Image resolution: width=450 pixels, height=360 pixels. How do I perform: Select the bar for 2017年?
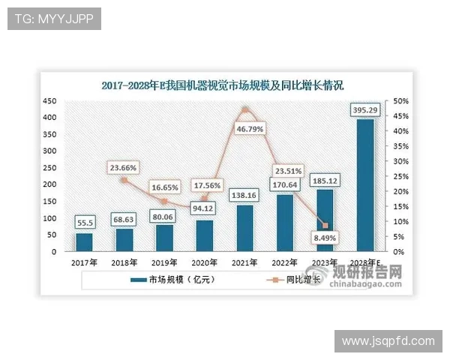[84, 242]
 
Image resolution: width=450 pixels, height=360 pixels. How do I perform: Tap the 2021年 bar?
[244, 228]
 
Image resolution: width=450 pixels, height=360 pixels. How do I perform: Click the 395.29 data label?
[365, 110]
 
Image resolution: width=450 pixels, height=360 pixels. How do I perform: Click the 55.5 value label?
[84, 223]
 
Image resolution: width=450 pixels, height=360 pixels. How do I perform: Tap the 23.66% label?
[123, 167]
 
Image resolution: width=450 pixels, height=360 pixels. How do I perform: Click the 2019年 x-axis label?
[163, 262]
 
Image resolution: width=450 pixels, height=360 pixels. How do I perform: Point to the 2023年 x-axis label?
[325, 262]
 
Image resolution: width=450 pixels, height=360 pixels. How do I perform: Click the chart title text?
[223, 85]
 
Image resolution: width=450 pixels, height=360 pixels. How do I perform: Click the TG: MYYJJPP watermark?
[54, 19]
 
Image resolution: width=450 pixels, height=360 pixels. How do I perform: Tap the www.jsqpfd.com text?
[388, 340]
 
